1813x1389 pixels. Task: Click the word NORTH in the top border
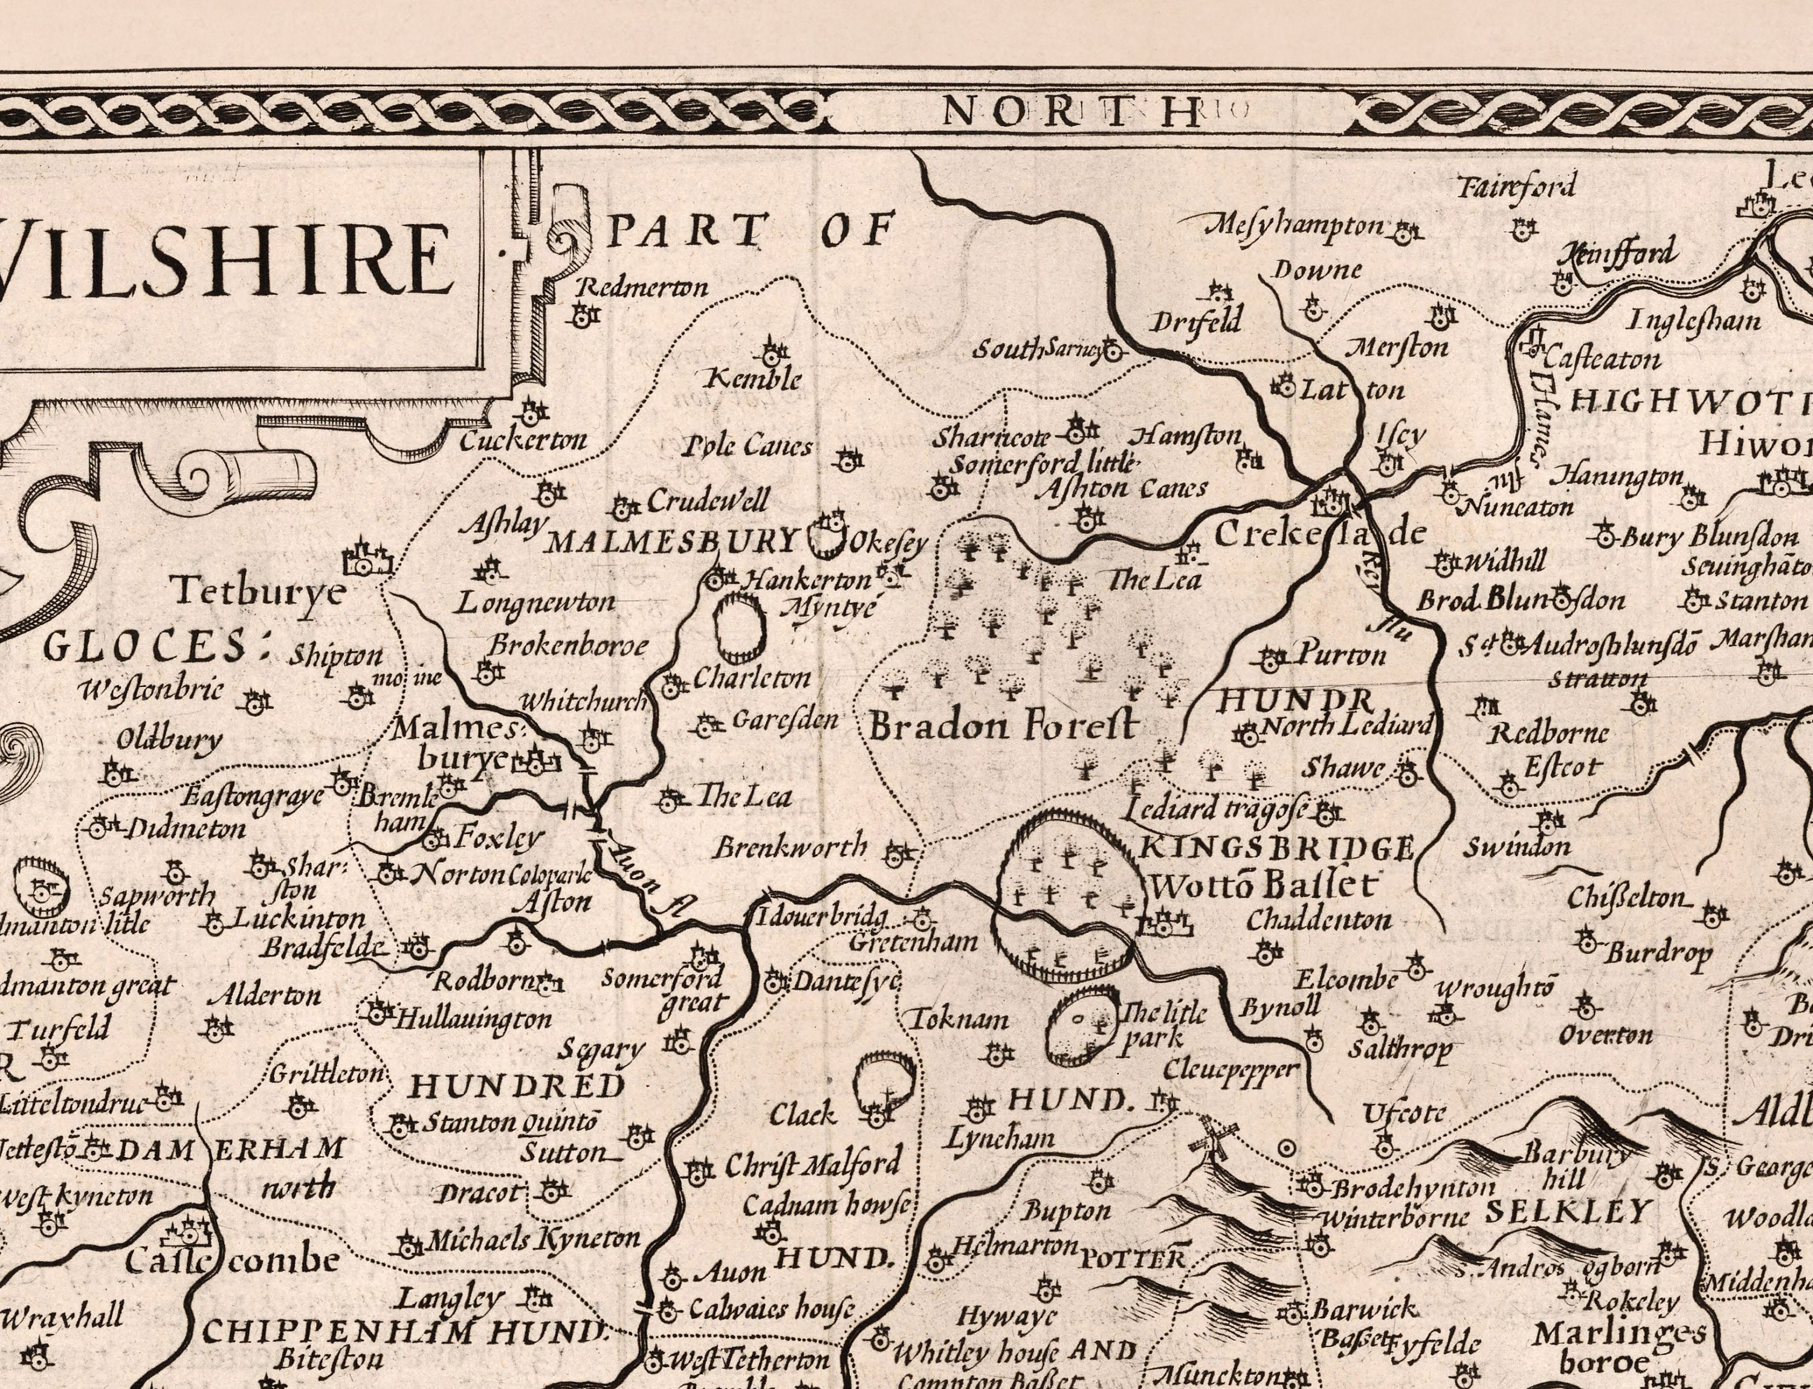pos(1072,110)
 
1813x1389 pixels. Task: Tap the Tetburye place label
pos(257,592)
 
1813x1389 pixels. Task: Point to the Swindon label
pos(1517,846)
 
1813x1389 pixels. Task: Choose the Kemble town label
pos(754,379)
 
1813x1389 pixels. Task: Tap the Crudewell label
pos(708,500)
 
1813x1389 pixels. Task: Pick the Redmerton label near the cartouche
pos(642,287)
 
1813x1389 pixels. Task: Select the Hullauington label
pos(471,1019)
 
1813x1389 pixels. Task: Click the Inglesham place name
pos(1694,320)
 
